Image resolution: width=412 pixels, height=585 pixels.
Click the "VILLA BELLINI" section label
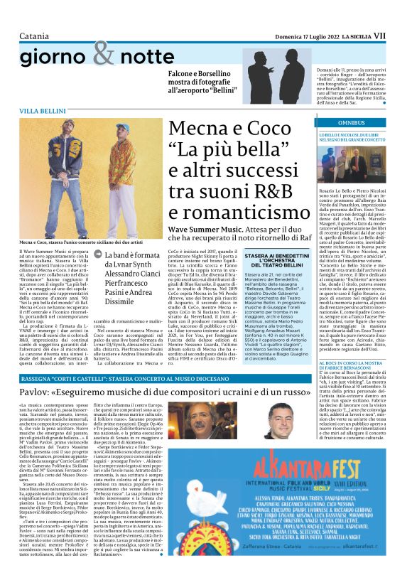(43, 111)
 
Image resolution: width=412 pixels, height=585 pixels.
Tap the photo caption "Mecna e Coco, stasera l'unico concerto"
(80, 242)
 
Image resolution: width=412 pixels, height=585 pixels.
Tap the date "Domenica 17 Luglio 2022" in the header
(298, 14)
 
